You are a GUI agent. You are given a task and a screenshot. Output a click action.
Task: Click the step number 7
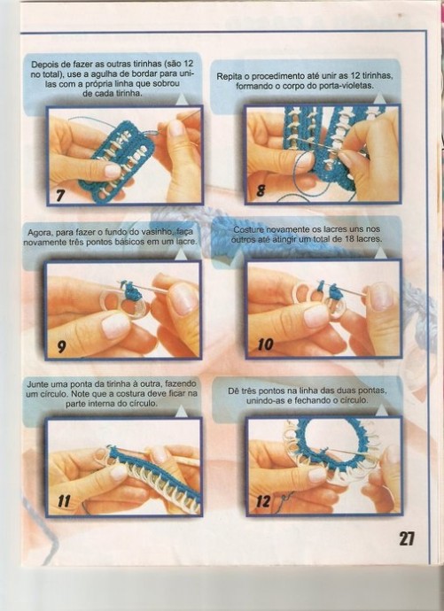click(x=60, y=194)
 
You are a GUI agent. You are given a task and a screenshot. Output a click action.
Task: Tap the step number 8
click(x=261, y=191)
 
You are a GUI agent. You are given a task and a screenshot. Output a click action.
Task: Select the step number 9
click(x=61, y=346)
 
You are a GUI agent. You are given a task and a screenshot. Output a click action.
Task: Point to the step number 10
click(x=265, y=344)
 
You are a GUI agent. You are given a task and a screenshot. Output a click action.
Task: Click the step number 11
click(x=64, y=501)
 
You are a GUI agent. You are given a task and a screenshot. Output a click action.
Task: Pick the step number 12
click(x=263, y=501)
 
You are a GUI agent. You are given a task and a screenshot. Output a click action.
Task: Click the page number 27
click(x=406, y=538)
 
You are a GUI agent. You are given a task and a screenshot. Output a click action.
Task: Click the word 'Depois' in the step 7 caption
click(x=43, y=65)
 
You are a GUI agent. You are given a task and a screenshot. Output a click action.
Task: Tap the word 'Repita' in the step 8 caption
click(x=228, y=76)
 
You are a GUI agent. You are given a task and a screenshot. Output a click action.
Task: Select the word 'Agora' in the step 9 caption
click(x=39, y=233)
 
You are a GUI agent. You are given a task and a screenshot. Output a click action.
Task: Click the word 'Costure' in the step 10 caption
click(x=249, y=230)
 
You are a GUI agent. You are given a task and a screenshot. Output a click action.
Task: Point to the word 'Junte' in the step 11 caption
click(x=37, y=384)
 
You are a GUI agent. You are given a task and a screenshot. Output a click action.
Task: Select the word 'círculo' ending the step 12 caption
click(x=354, y=400)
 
